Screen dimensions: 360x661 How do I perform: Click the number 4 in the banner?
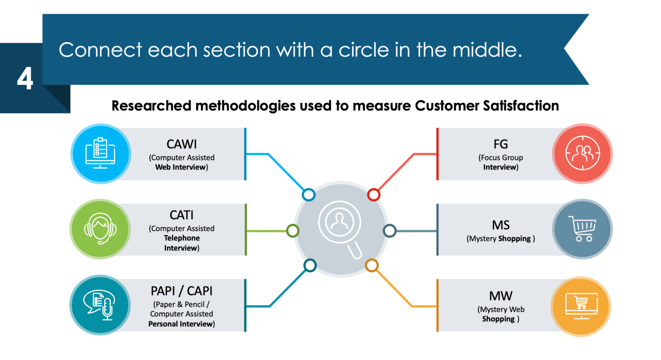(x=25, y=79)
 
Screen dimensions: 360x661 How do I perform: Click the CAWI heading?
(x=182, y=144)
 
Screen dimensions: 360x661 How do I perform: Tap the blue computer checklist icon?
(x=100, y=154)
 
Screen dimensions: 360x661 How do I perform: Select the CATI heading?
(x=182, y=215)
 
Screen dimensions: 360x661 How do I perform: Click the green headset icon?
(x=100, y=229)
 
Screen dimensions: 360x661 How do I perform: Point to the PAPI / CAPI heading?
(x=182, y=291)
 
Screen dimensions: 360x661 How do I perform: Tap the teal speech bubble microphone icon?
(x=100, y=305)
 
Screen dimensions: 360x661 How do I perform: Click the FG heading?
(x=500, y=144)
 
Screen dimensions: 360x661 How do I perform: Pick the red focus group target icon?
(x=582, y=154)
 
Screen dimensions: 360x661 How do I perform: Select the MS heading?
(x=501, y=225)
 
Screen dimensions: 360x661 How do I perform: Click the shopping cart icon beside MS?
(x=582, y=229)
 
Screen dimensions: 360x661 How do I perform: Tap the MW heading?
(x=501, y=296)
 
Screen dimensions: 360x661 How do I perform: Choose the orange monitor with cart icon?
(x=581, y=306)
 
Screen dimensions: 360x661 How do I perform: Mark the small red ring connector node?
(x=374, y=195)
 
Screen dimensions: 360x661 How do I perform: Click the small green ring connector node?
(x=293, y=231)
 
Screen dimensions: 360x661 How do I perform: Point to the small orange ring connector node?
(x=371, y=265)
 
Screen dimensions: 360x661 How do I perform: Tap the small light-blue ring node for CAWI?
(x=309, y=195)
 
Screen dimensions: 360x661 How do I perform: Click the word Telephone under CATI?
(x=182, y=238)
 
